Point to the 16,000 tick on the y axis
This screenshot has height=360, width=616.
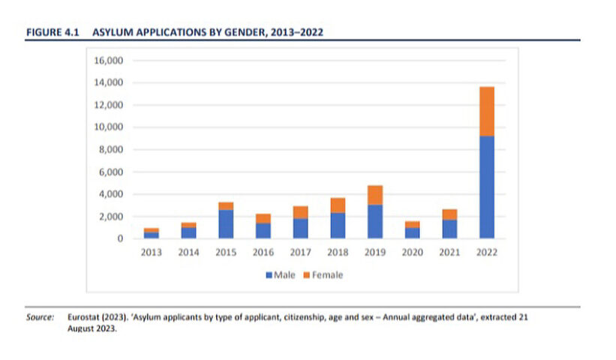pos(107,60)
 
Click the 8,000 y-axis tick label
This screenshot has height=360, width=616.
pos(110,149)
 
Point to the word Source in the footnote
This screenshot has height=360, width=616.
pos(40,317)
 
